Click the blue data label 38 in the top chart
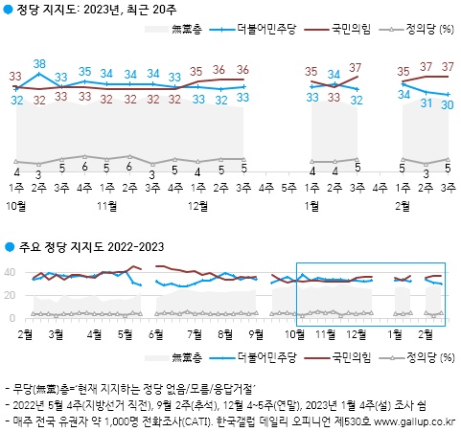point(39,65)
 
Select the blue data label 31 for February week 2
point(425,102)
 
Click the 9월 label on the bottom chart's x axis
point(257,335)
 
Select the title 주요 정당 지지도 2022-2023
point(90,248)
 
